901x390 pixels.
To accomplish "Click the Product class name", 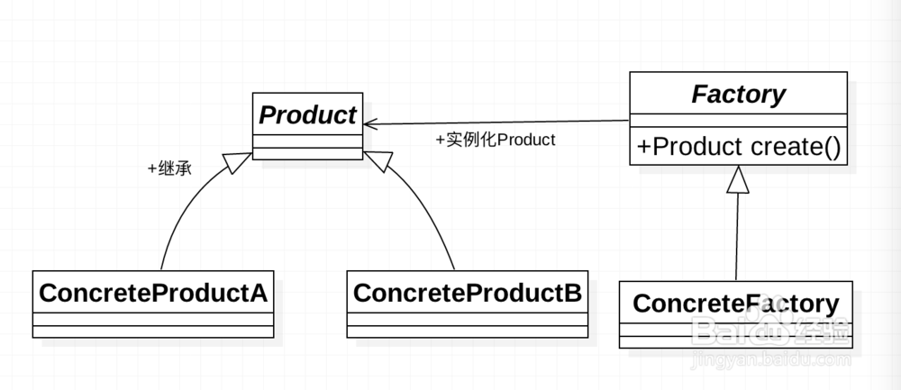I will pyautogui.click(x=307, y=114).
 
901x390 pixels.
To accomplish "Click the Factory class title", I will pyautogui.click(x=738, y=94).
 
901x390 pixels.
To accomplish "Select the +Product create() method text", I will pyautogui.click(x=738, y=147).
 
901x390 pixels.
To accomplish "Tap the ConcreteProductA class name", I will pyautogui.click(x=153, y=294).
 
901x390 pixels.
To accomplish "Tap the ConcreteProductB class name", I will pyautogui.click(x=467, y=293).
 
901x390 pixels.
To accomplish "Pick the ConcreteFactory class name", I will pyautogui.click(x=735, y=304).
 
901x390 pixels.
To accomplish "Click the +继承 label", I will pyautogui.click(x=169, y=168).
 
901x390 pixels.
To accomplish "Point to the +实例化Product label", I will pyautogui.click(x=495, y=141).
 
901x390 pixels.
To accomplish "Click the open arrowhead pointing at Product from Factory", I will pyautogui.click(x=370, y=126).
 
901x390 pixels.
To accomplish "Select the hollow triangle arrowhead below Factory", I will pyautogui.click(x=738, y=181).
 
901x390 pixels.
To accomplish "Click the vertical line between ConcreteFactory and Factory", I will pyautogui.click(x=737, y=239).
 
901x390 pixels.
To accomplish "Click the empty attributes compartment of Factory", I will pyautogui.click(x=738, y=121).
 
